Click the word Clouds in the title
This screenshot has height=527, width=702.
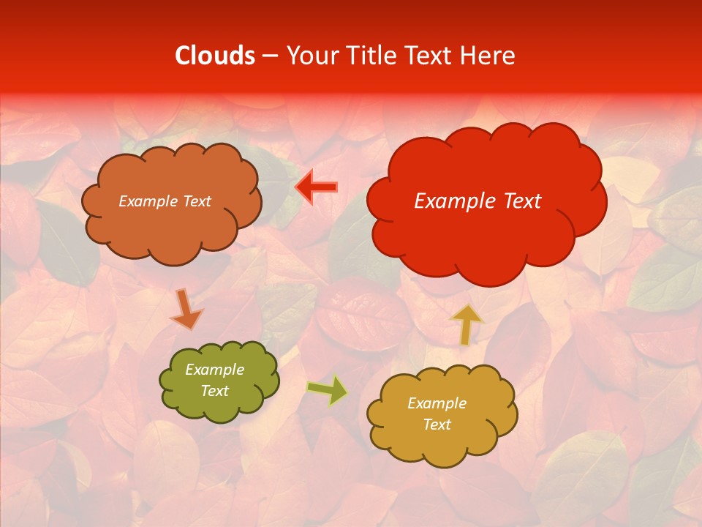tap(215, 56)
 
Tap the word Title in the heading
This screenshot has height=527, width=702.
tap(371, 56)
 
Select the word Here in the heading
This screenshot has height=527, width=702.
tap(488, 56)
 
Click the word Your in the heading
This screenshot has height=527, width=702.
tap(312, 56)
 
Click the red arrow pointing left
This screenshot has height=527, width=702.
tap(316, 187)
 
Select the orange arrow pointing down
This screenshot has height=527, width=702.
tap(186, 309)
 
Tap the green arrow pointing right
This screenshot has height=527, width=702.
tap(327, 390)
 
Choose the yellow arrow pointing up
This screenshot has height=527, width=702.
tap(467, 325)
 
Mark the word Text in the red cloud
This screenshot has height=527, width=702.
tap(517, 201)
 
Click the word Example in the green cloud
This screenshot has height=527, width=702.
tap(214, 370)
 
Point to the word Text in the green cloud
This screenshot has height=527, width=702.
tap(214, 391)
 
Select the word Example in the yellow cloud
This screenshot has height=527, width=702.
tap(437, 403)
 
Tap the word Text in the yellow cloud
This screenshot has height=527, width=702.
tap(437, 425)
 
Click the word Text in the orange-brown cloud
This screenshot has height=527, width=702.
tap(195, 201)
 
